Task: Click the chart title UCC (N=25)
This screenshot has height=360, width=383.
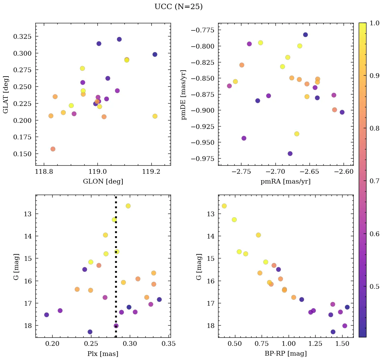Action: tap(178, 7)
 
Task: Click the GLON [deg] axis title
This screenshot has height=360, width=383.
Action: tap(103, 182)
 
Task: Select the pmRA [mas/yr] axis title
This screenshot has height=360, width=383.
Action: tap(285, 182)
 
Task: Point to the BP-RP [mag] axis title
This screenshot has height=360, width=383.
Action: tap(285, 354)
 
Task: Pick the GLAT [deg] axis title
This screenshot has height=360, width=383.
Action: tap(6, 94)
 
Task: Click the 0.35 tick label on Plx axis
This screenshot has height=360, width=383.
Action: tap(169, 344)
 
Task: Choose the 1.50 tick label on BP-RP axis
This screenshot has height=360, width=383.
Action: tap(343, 344)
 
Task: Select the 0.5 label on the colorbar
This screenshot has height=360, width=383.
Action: tap(372, 286)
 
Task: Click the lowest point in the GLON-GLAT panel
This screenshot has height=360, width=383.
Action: tap(53, 149)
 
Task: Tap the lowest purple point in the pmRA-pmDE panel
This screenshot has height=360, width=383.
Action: tap(290, 154)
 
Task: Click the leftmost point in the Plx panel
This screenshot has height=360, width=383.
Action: tap(47, 315)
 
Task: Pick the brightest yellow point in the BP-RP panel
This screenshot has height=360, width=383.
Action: tap(224, 206)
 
